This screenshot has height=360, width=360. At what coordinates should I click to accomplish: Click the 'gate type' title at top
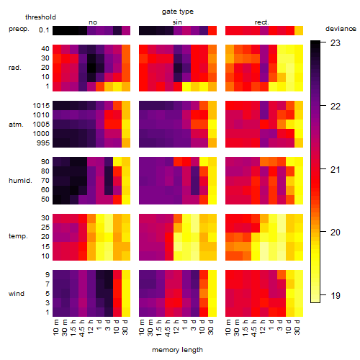click(178, 12)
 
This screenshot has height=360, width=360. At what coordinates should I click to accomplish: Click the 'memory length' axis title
click(177, 350)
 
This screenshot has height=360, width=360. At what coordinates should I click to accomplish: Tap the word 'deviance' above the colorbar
click(341, 29)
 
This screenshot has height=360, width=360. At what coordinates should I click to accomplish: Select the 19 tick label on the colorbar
click(336, 295)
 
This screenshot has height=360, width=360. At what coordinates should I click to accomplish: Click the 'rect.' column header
click(261, 22)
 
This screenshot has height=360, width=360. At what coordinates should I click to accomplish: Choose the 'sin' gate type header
click(177, 22)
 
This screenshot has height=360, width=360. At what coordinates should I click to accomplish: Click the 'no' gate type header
click(93, 22)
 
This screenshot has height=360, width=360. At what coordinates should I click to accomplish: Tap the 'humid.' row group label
click(20, 181)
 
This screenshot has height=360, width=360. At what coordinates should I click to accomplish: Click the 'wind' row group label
click(17, 294)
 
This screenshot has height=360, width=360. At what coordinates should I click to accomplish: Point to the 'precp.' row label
click(19, 29)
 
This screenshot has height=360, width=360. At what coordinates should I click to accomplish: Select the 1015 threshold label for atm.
click(41, 106)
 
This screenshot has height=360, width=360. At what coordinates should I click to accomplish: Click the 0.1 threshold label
click(44, 30)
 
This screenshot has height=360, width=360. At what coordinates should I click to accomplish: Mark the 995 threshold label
click(43, 143)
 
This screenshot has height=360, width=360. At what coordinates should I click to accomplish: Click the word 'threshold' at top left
click(40, 17)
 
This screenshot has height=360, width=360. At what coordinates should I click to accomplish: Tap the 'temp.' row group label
click(18, 236)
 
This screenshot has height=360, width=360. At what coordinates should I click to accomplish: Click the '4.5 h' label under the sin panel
click(168, 328)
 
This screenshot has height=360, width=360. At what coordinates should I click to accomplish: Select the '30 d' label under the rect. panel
click(297, 327)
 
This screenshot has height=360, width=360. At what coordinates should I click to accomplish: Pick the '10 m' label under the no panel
click(55, 328)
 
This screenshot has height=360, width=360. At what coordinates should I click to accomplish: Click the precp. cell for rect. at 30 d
click(299, 30)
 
